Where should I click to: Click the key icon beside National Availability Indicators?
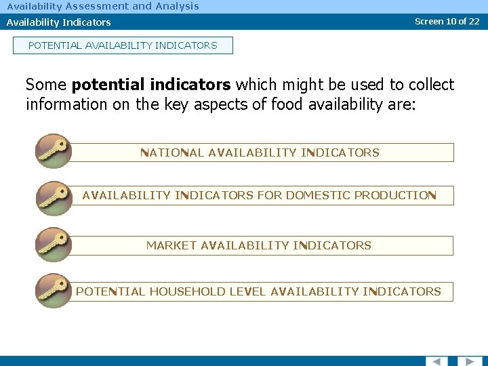pyautogui.click(x=53, y=151)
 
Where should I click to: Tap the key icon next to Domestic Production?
pyautogui.click(x=53, y=197)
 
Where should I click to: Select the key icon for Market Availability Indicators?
pyautogui.click(x=53, y=244)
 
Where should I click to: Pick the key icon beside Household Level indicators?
pyautogui.click(x=53, y=291)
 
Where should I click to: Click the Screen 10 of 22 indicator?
pyautogui.click(x=447, y=21)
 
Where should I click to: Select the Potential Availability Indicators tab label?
pyautogui.click(x=123, y=45)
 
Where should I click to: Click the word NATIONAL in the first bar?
pyautogui.click(x=172, y=152)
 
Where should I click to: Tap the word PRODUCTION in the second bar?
pyautogui.click(x=395, y=196)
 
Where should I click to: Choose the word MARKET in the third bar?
pyautogui.click(x=171, y=245)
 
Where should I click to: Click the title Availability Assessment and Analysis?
pyautogui.click(x=103, y=6)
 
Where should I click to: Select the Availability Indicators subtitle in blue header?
pyautogui.click(x=59, y=22)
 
